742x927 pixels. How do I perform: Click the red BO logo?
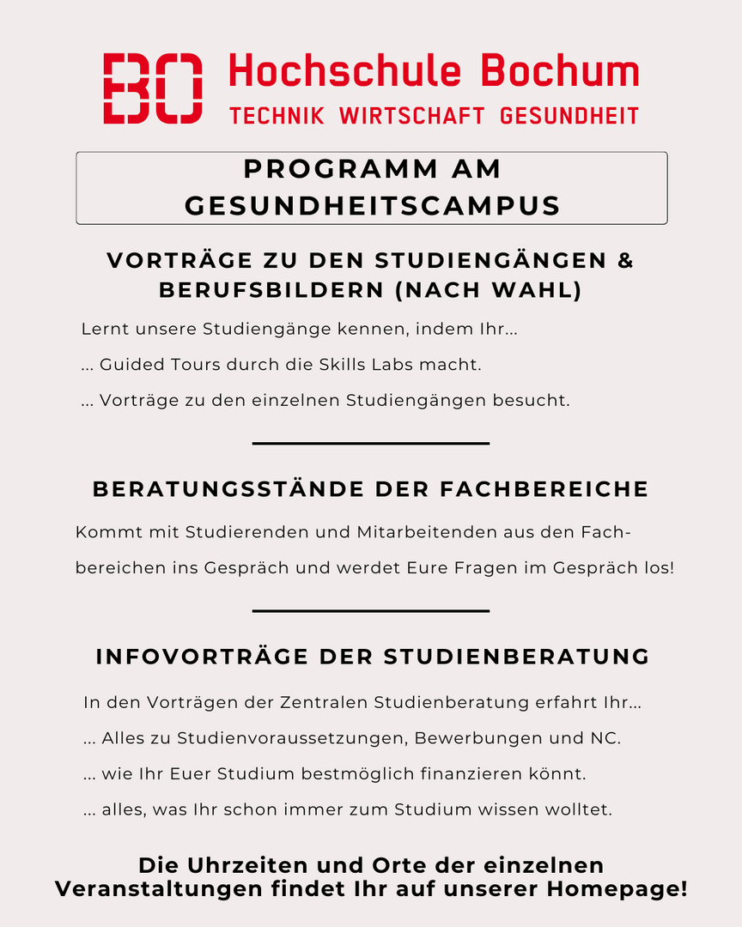153,88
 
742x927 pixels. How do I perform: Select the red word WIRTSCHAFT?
412,116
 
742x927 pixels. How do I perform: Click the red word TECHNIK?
277,116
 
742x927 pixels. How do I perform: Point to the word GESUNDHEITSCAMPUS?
372,206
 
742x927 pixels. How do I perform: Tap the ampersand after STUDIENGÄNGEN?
625,260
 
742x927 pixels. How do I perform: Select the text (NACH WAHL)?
488,291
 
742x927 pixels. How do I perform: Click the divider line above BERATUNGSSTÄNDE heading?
371,443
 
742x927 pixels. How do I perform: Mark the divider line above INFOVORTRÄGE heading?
371,610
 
